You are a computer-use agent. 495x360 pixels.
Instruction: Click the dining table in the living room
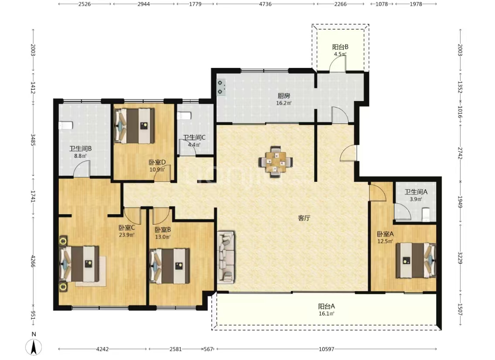pos(275,162)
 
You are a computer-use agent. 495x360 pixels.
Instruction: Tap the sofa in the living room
pos(226,257)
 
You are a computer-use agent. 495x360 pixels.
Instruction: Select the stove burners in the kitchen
pos(220,87)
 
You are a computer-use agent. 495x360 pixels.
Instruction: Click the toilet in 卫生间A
pos(426,215)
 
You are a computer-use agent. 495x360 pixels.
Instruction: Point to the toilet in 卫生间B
pos(66,125)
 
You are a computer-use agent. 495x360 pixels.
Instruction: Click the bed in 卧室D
pos(134,126)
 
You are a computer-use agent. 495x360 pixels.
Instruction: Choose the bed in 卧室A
pos(416,260)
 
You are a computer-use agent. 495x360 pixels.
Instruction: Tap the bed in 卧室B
pos(170,266)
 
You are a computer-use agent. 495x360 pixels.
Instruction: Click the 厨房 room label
pos(284,96)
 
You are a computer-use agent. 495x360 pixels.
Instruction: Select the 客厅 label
pos(304,218)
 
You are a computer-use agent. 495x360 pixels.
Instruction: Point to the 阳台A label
pos(326,306)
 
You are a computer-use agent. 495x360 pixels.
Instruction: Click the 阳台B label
pos(340,47)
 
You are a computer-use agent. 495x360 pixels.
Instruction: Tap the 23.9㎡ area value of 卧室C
pos(127,235)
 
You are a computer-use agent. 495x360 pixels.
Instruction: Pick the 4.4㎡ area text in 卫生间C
pos(194,145)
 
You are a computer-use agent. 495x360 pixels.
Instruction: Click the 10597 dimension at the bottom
pos(326,349)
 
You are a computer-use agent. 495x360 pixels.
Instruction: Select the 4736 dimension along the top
pos(265,4)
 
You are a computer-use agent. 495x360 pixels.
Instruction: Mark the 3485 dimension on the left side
pos(33,140)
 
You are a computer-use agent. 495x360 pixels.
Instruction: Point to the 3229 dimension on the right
pos(460,258)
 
